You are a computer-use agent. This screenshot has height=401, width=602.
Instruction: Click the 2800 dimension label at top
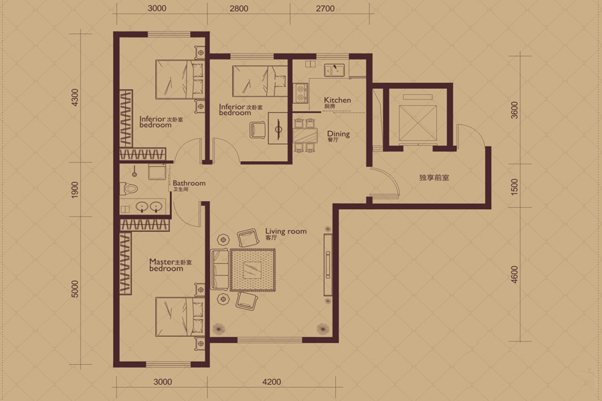(x=239, y=9)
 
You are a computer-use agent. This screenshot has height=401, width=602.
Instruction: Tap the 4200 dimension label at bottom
(x=272, y=382)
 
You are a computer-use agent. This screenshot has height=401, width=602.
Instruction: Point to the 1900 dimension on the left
(x=75, y=190)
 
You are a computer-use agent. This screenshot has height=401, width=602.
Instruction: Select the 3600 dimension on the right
(x=514, y=110)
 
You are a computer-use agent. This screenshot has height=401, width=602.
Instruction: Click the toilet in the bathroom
(x=129, y=188)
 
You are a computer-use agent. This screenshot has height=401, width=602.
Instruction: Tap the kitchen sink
(x=334, y=70)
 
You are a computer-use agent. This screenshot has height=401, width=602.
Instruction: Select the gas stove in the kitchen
(x=300, y=94)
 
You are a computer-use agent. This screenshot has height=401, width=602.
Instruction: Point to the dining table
(x=306, y=136)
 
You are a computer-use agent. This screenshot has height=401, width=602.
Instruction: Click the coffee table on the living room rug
(x=253, y=270)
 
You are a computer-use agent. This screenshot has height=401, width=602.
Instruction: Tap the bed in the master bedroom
(x=179, y=317)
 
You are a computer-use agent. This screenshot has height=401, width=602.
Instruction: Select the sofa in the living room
(x=219, y=269)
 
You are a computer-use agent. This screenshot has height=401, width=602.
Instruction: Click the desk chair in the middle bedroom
(x=258, y=130)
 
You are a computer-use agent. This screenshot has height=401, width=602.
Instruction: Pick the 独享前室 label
(x=434, y=178)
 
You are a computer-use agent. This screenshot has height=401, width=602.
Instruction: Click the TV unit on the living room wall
(x=328, y=265)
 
